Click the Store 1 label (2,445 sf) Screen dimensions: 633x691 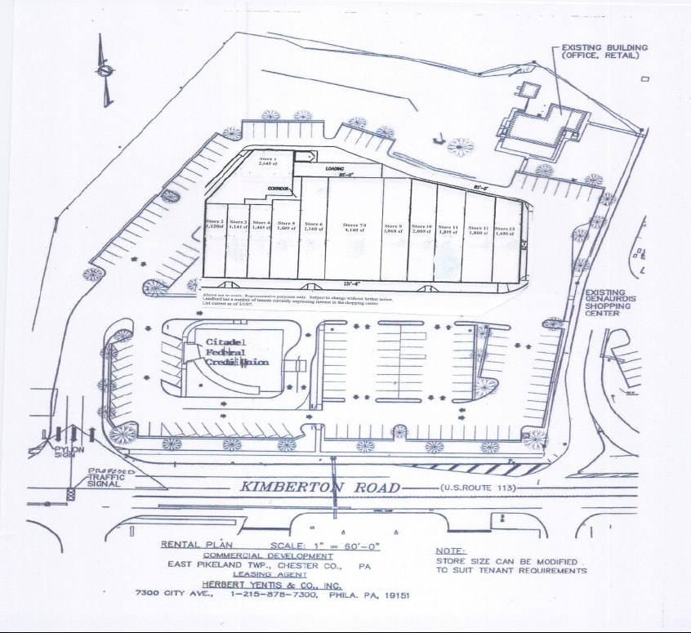(269, 161)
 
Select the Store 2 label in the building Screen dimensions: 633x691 (215, 225)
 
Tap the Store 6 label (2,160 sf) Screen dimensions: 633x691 (314, 226)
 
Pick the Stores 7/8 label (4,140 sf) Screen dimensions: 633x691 (354, 227)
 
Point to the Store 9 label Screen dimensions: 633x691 (394, 228)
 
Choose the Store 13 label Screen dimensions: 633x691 (504, 230)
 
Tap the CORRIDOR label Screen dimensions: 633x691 (280, 188)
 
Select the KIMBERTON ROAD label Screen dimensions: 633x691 (319, 488)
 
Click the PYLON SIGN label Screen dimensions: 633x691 (65, 453)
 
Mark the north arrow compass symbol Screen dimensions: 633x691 (104, 72)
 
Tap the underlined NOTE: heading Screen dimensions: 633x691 (450, 551)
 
